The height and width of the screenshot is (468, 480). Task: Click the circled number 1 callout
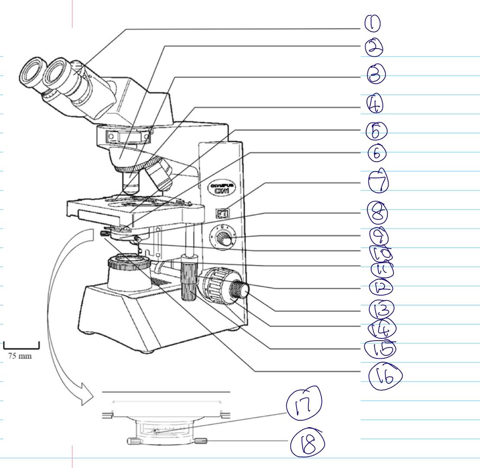coord(372,24)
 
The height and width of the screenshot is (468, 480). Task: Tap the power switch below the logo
coord(223,213)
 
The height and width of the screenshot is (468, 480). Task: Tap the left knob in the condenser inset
coord(133,442)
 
